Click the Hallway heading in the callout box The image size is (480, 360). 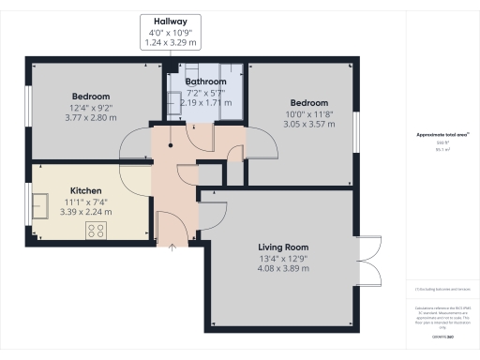[168, 21]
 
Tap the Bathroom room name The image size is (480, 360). [205, 82]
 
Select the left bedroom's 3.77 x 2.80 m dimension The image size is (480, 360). [90, 118]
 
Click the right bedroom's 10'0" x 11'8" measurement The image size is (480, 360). [308, 113]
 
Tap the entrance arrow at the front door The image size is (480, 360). [172, 247]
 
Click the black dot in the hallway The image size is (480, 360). [170, 145]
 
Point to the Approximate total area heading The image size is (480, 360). [440, 135]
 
